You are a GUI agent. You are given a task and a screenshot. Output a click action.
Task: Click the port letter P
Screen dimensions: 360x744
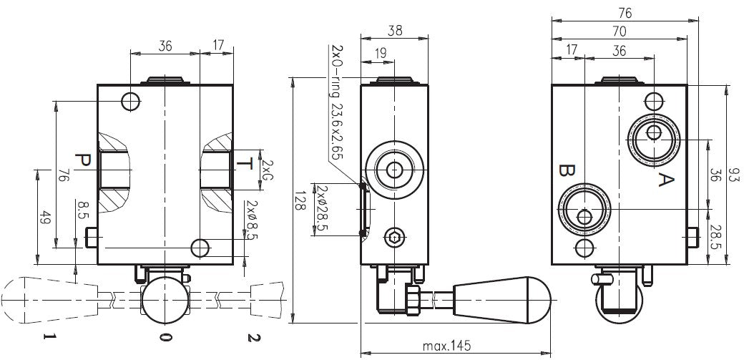(84, 161)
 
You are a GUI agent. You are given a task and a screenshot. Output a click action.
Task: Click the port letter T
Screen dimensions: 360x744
(245, 165)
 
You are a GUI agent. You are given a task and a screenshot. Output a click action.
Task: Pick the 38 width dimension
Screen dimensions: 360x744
(394, 31)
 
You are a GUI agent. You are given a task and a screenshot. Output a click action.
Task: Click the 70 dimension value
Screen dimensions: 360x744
(620, 31)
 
